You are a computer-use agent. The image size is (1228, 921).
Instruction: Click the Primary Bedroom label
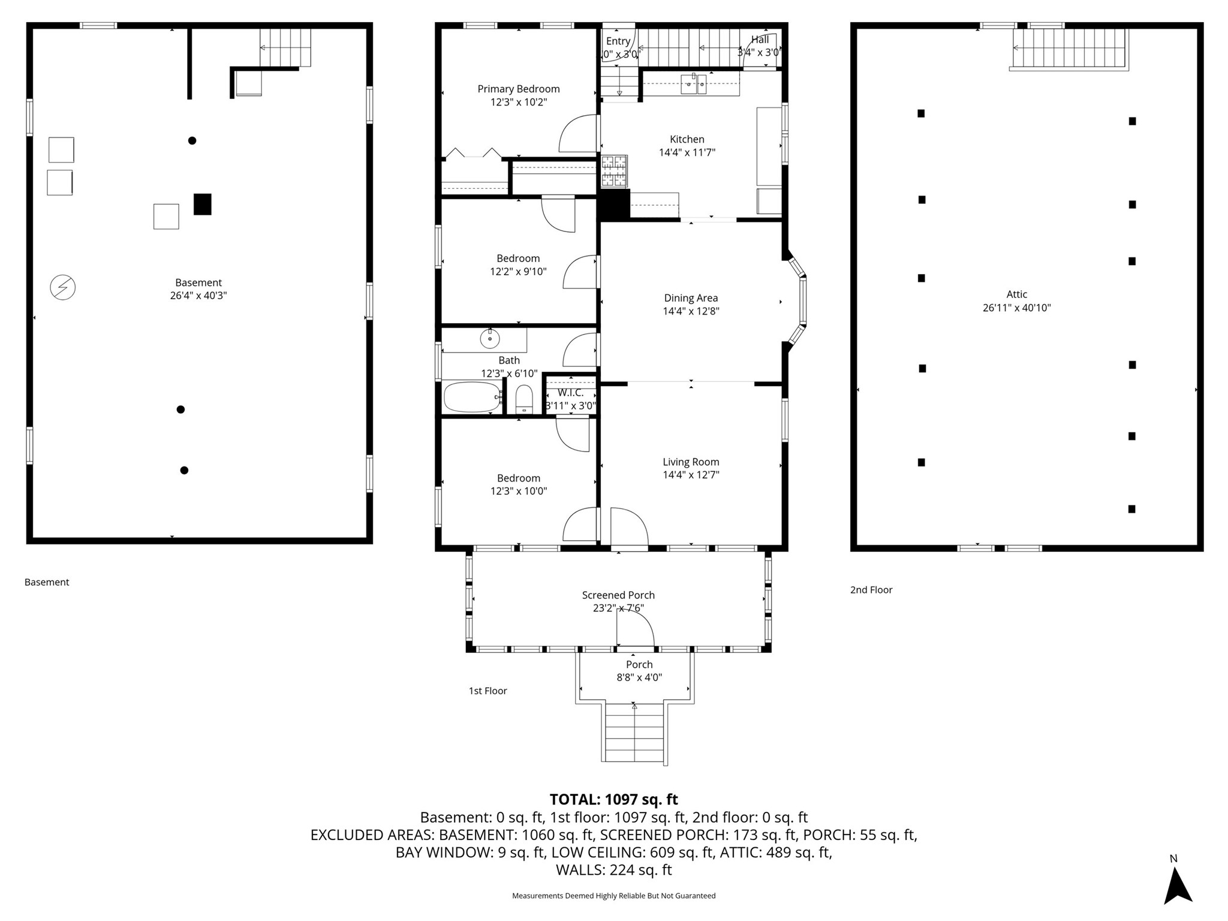(x=519, y=89)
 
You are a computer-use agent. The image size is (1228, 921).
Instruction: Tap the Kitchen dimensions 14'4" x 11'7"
(x=687, y=152)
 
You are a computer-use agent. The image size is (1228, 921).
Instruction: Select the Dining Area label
(x=691, y=298)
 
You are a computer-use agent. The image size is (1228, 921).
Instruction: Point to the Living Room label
(x=691, y=462)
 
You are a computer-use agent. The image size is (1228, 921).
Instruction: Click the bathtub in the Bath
(x=472, y=397)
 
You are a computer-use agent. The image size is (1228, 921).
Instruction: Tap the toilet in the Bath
(x=524, y=399)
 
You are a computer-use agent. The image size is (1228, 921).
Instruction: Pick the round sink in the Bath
(x=490, y=339)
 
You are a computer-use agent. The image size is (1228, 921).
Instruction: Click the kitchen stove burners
(x=614, y=171)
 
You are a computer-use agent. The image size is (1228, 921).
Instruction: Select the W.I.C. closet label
(x=571, y=393)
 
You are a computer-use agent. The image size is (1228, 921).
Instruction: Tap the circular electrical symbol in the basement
(x=62, y=287)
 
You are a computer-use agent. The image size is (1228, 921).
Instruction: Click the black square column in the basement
(x=203, y=204)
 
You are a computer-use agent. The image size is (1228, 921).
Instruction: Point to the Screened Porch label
(x=618, y=595)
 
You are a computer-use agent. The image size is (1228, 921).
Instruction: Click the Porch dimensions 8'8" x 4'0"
(x=639, y=678)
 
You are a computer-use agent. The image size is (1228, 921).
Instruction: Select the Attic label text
(x=1017, y=294)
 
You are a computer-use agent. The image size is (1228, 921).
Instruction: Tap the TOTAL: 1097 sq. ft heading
(x=614, y=799)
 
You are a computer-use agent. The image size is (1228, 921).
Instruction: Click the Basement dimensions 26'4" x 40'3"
(x=198, y=296)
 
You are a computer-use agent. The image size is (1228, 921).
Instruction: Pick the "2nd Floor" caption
(x=871, y=590)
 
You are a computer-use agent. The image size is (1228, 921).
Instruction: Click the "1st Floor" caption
(x=488, y=691)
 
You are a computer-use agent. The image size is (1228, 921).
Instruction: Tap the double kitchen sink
(x=695, y=84)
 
